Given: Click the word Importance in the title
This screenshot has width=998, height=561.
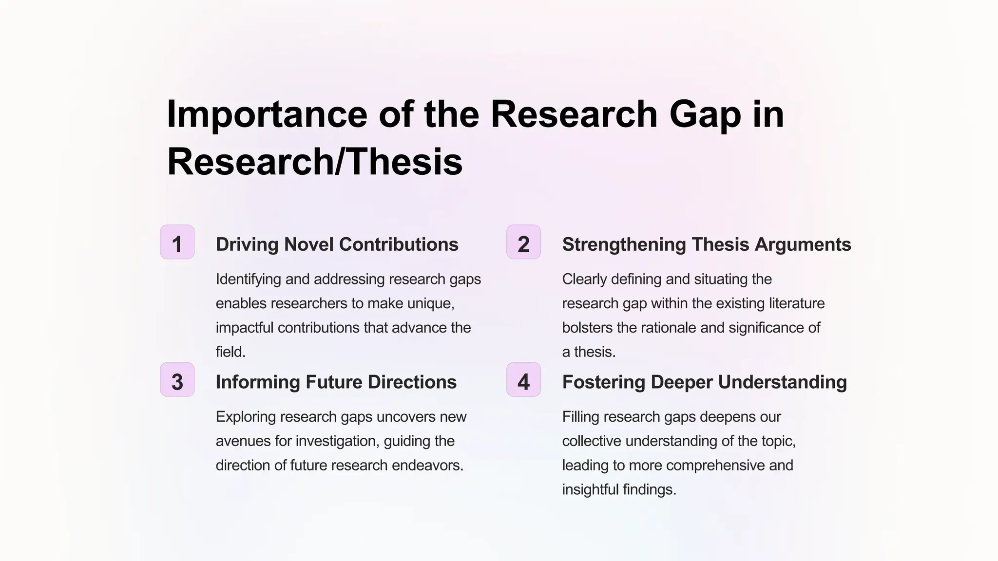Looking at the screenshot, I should tap(267, 115).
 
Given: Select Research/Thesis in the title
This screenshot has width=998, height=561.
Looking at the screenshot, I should tap(314, 162).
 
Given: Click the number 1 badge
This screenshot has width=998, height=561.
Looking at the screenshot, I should tap(177, 242).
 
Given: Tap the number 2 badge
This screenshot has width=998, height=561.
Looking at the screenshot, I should tap(523, 242).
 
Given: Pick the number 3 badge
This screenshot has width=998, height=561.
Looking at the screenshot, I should tap(177, 380).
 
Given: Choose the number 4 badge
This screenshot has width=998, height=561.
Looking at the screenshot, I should tap(523, 380).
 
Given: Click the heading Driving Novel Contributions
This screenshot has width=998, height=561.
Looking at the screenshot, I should tap(337, 244).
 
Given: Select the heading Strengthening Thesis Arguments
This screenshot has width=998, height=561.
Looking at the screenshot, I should tap(706, 244).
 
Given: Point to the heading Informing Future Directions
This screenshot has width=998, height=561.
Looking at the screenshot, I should tap(336, 382).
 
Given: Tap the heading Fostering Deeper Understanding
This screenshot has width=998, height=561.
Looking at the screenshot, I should tap(704, 382).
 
